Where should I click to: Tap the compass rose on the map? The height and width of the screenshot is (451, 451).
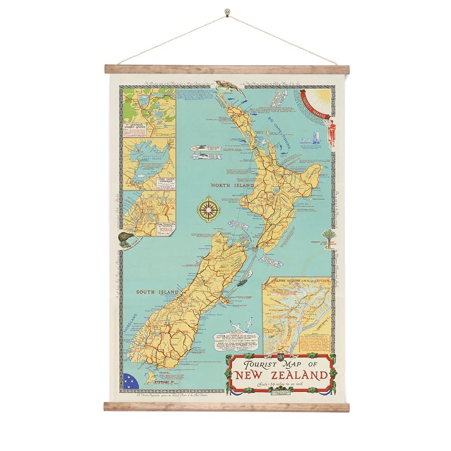click(208, 208)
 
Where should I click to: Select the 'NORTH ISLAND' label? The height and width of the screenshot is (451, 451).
click(231, 185)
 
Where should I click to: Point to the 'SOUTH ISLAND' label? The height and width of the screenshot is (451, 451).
click(157, 292)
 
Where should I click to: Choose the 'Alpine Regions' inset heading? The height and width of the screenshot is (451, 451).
click(298, 281)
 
